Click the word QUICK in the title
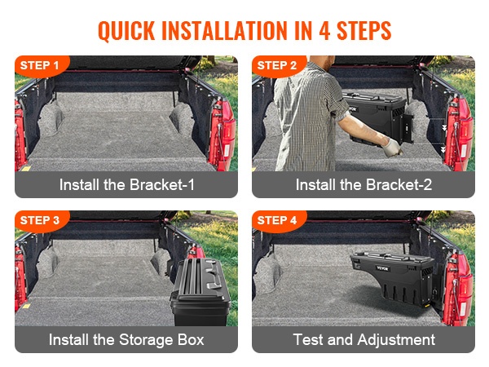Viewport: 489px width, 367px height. point(126,31)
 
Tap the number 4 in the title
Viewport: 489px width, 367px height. point(324,31)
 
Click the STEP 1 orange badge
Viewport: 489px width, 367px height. point(42,66)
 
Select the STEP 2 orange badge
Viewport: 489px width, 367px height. point(279,66)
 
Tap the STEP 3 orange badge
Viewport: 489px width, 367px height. point(42,221)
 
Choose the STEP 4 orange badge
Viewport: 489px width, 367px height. point(279,221)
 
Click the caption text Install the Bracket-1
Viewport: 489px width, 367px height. point(126,185)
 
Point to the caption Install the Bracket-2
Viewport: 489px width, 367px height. point(363,185)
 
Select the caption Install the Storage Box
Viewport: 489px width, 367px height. point(126,339)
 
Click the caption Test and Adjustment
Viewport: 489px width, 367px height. point(364,339)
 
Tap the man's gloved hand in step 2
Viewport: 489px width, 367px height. point(391,148)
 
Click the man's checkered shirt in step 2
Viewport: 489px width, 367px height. point(307,118)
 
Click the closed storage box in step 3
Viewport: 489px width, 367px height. point(200,292)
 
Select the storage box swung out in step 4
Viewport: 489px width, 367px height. point(393,278)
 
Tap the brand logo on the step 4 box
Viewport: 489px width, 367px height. point(382,268)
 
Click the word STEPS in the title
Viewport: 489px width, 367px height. point(364,31)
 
